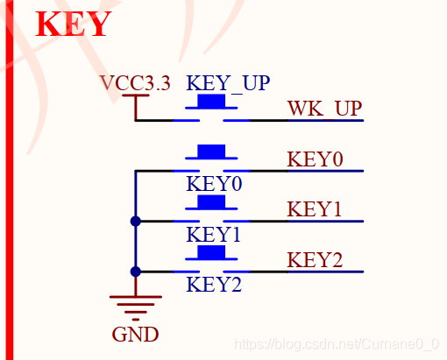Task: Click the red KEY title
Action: (73, 24)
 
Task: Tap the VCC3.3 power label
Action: (135, 83)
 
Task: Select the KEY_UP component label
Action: (228, 83)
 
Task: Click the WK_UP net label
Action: (325, 109)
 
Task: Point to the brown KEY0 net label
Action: (315, 159)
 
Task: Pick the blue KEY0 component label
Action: (214, 184)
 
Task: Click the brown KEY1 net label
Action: (314, 209)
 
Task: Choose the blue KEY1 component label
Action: (213, 235)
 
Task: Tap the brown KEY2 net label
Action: (315, 260)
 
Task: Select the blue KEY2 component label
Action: (214, 285)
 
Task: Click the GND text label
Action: (135, 335)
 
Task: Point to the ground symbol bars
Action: (136, 308)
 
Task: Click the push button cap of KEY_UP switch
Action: (211, 101)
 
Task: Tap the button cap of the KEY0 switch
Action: (211, 152)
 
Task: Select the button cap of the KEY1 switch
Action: (211, 201)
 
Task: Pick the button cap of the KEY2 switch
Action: (211, 252)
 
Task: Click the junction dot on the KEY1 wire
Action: (136, 222)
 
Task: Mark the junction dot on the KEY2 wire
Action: (136, 272)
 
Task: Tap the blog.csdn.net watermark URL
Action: (337, 344)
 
